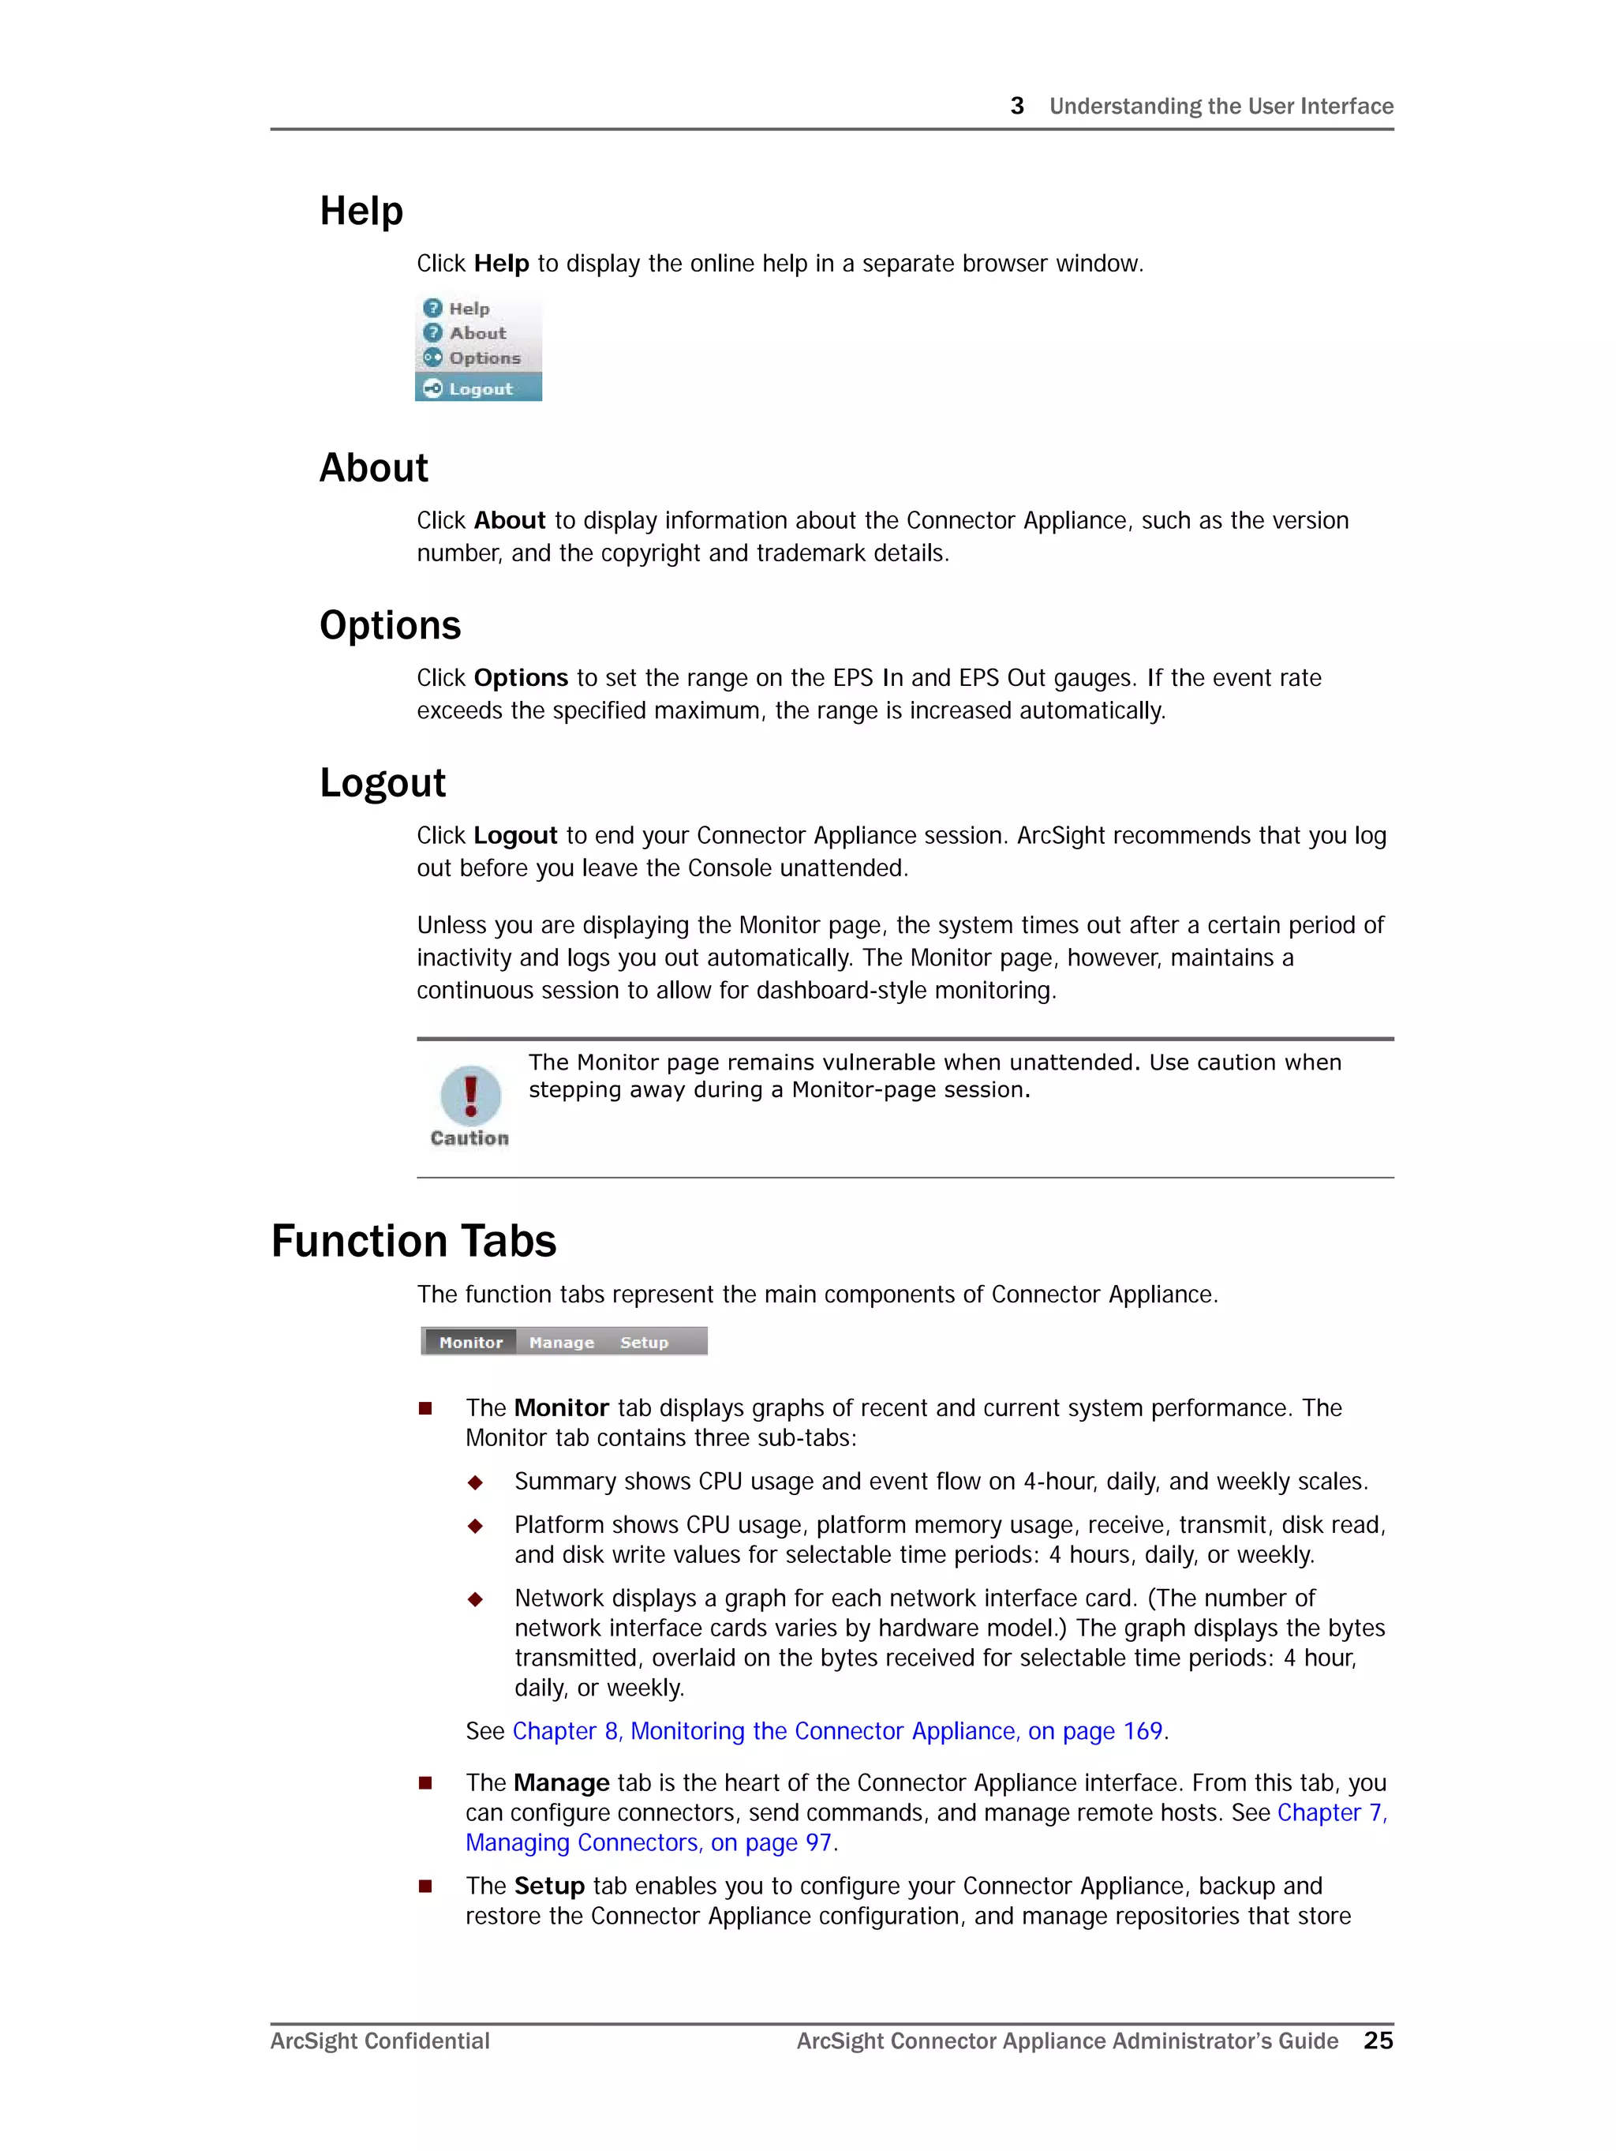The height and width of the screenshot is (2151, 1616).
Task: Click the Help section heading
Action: [361, 211]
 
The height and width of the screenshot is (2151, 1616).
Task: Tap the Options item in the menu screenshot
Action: [484, 358]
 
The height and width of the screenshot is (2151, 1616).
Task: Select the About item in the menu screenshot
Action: [477, 334]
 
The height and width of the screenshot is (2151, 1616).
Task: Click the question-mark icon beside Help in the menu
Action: [432, 309]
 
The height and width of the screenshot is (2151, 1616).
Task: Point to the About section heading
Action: [373, 468]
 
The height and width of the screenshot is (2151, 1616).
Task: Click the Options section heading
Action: [390, 625]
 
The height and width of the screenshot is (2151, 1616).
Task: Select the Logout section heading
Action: [382, 783]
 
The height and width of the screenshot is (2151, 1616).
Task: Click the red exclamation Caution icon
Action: [470, 1095]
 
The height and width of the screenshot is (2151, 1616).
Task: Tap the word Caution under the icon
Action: [469, 1137]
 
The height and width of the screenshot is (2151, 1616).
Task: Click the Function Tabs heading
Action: [413, 1242]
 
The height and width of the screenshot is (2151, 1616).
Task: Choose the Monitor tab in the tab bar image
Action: [470, 1342]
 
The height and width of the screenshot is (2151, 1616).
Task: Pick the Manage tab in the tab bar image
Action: [561, 1342]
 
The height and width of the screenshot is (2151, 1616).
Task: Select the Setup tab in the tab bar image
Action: [644, 1342]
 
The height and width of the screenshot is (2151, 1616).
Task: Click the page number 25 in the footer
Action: [1378, 2041]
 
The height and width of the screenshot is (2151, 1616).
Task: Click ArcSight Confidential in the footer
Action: [380, 2041]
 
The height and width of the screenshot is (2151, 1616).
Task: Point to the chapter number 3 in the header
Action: [1017, 106]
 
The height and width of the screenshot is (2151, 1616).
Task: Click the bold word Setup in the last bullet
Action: [549, 1886]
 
